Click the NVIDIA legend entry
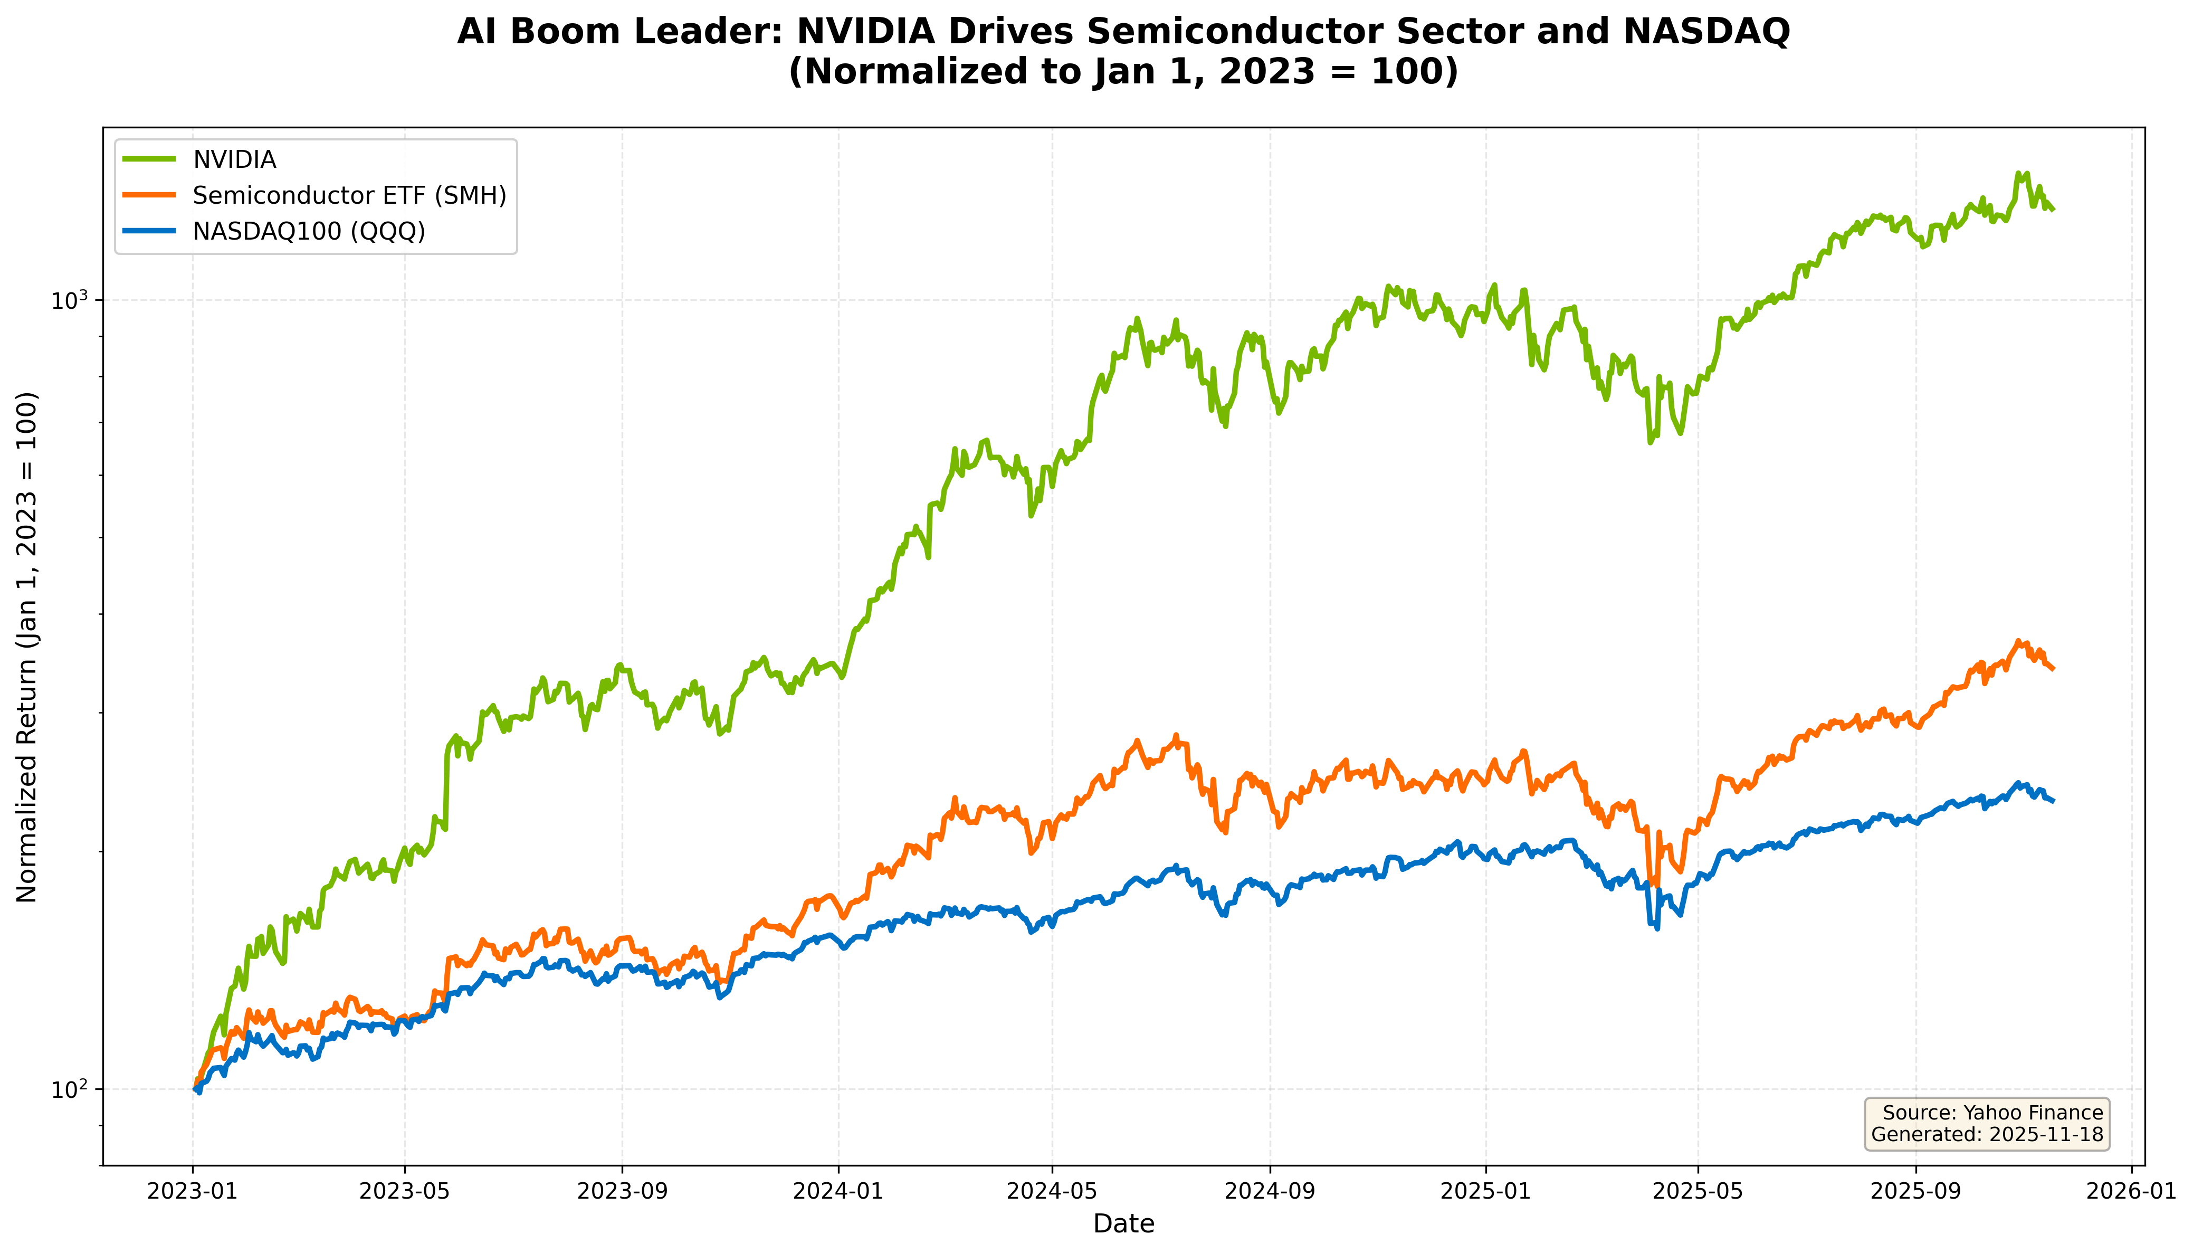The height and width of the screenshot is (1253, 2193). point(234,160)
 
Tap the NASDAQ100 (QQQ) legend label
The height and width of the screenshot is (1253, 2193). point(309,232)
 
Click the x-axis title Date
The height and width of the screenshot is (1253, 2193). point(1123,1224)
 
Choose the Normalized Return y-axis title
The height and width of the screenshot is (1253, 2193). point(27,647)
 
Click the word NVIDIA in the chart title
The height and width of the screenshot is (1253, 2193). point(865,32)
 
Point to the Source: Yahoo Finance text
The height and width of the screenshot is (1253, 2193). point(1992,1113)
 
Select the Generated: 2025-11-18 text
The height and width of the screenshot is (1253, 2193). point(1987,1134)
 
